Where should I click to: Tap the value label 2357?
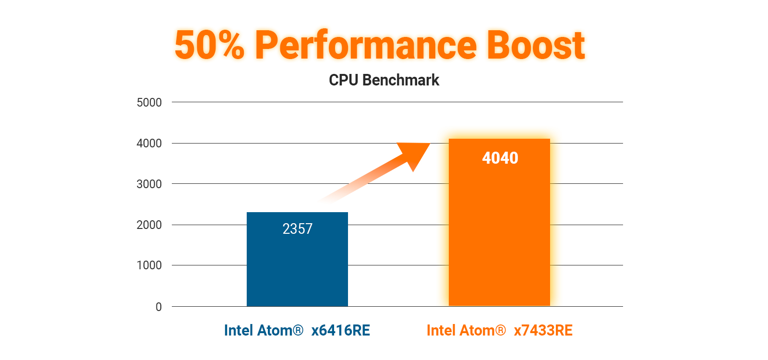(298, 229)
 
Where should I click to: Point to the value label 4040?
(500, 158)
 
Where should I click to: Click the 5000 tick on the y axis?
(149, 102)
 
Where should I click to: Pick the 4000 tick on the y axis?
(149, 143)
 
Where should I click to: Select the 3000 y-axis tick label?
(149, 184)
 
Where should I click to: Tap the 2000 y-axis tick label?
(149, 225)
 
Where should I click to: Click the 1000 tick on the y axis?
(149, 265)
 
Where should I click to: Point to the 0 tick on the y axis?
(158, 307)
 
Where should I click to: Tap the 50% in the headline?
(209, 45)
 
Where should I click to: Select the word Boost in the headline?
(536, 45)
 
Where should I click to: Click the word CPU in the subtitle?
(344, 80)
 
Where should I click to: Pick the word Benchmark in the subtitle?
(401, 80)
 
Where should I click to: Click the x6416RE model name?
(341, 331)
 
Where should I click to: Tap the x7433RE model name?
(543, 331)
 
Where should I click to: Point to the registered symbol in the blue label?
(298, 330)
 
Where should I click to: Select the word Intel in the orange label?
(441, 331)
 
